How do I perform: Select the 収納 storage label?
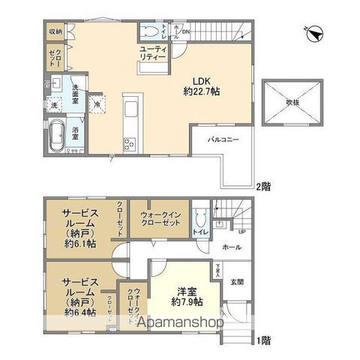pos(55,31)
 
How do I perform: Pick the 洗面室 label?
pos(79,88)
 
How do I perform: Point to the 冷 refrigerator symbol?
pos(99,103)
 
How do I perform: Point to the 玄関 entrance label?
pos(237,281)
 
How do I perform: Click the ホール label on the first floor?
pos(231,247)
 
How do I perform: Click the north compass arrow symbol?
pos(315,33)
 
